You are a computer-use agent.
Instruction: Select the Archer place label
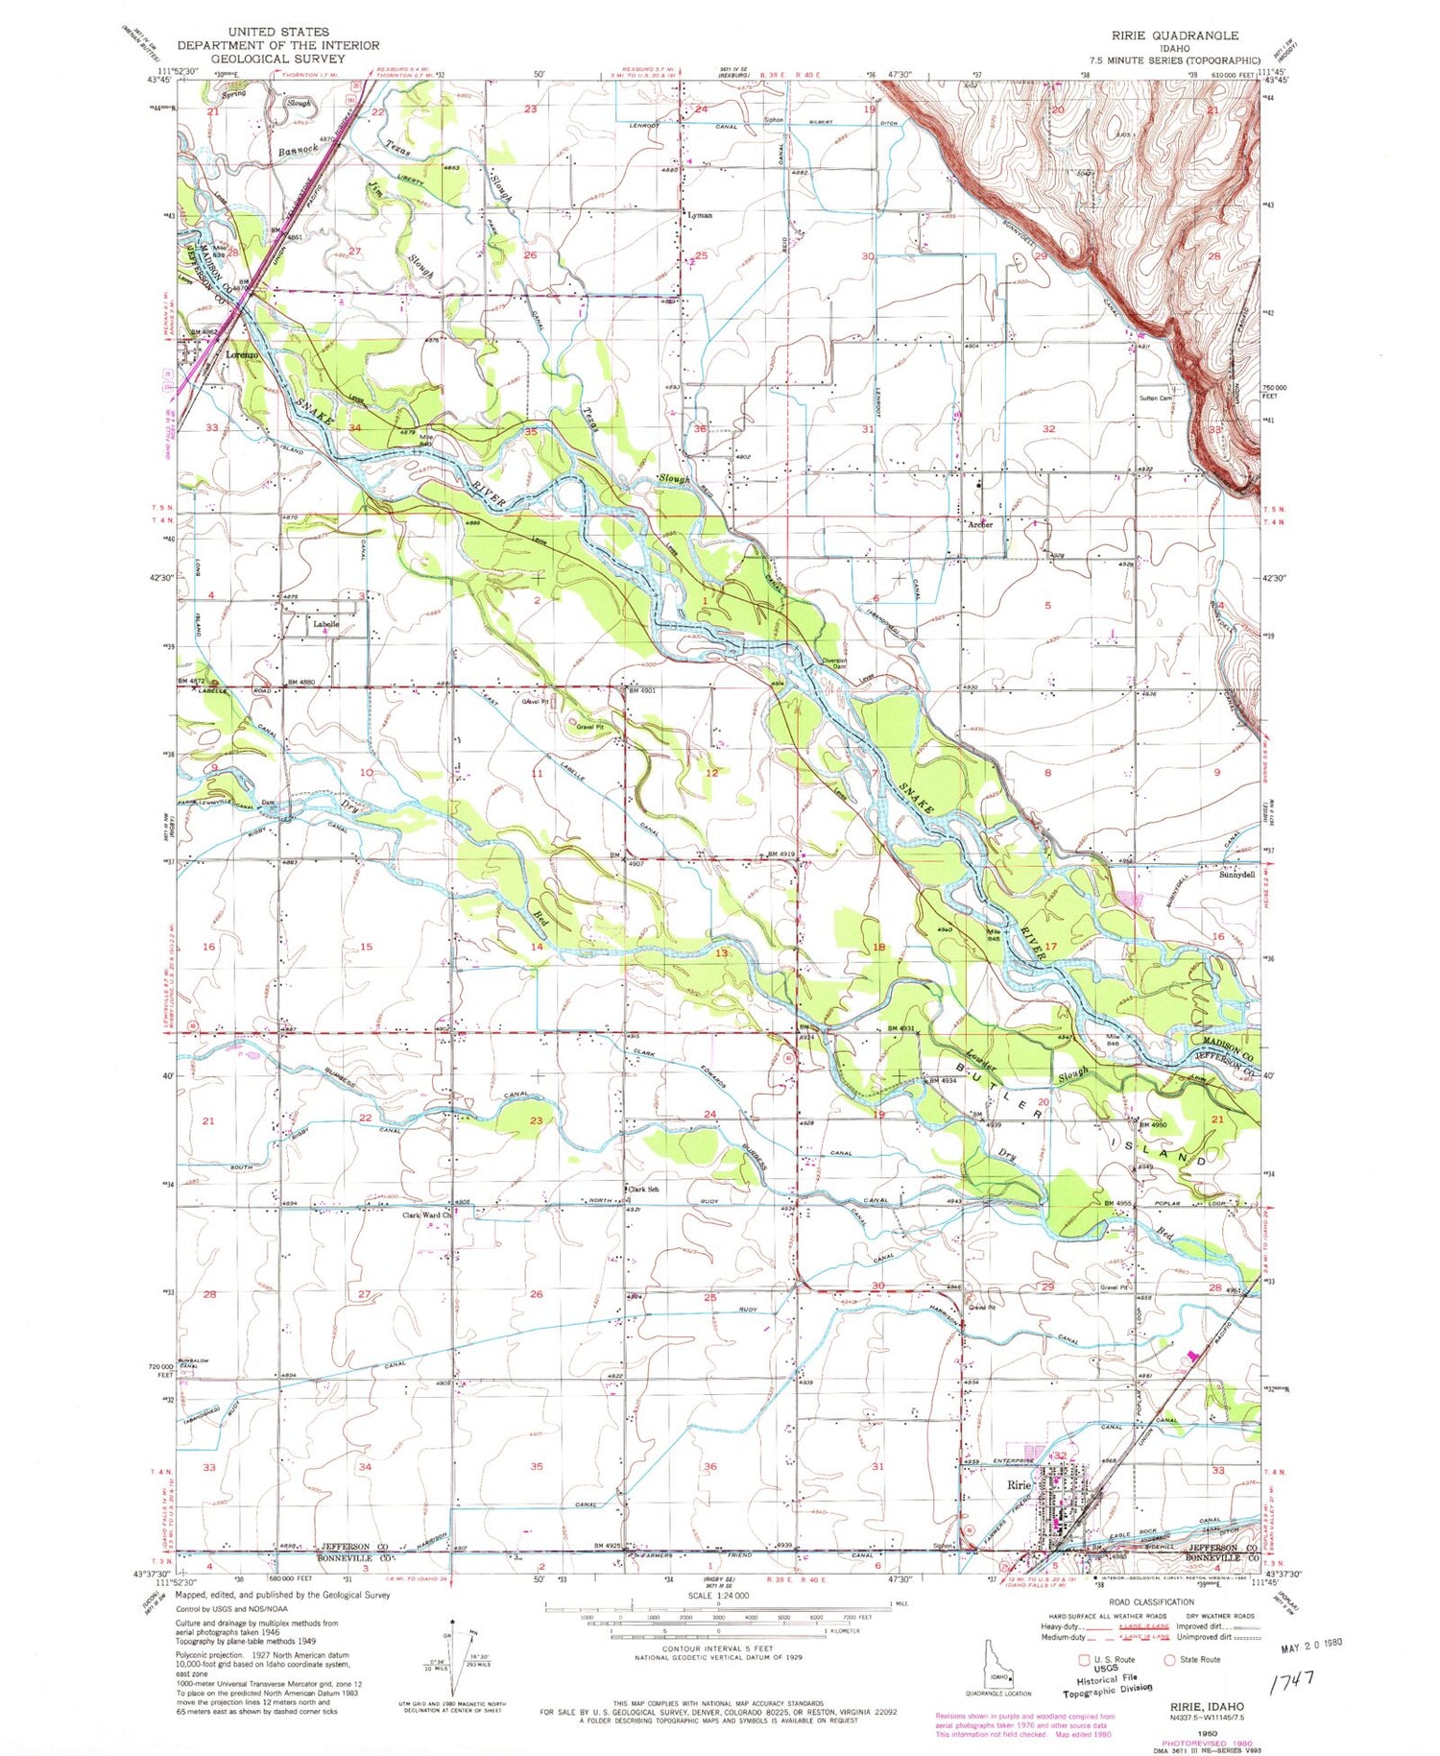click(x=980, y=525)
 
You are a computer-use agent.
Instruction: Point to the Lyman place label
click(x=700, y=215)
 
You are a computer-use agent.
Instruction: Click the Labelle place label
click(x=325, y=624)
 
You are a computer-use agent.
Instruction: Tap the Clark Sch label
click(x=643, y=1190)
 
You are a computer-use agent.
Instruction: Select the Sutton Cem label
click(x=1156, y=397)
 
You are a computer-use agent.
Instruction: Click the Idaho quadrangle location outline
click(x=999, y=1675)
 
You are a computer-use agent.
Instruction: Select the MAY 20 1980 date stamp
click(x=1311, y=1645)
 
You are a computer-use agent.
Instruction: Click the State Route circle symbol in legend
click(x=1170, y=1659)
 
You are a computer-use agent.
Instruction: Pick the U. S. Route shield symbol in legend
click(x=1084, y=1659)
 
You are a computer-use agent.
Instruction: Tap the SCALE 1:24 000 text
click(x=718, y=1595)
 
